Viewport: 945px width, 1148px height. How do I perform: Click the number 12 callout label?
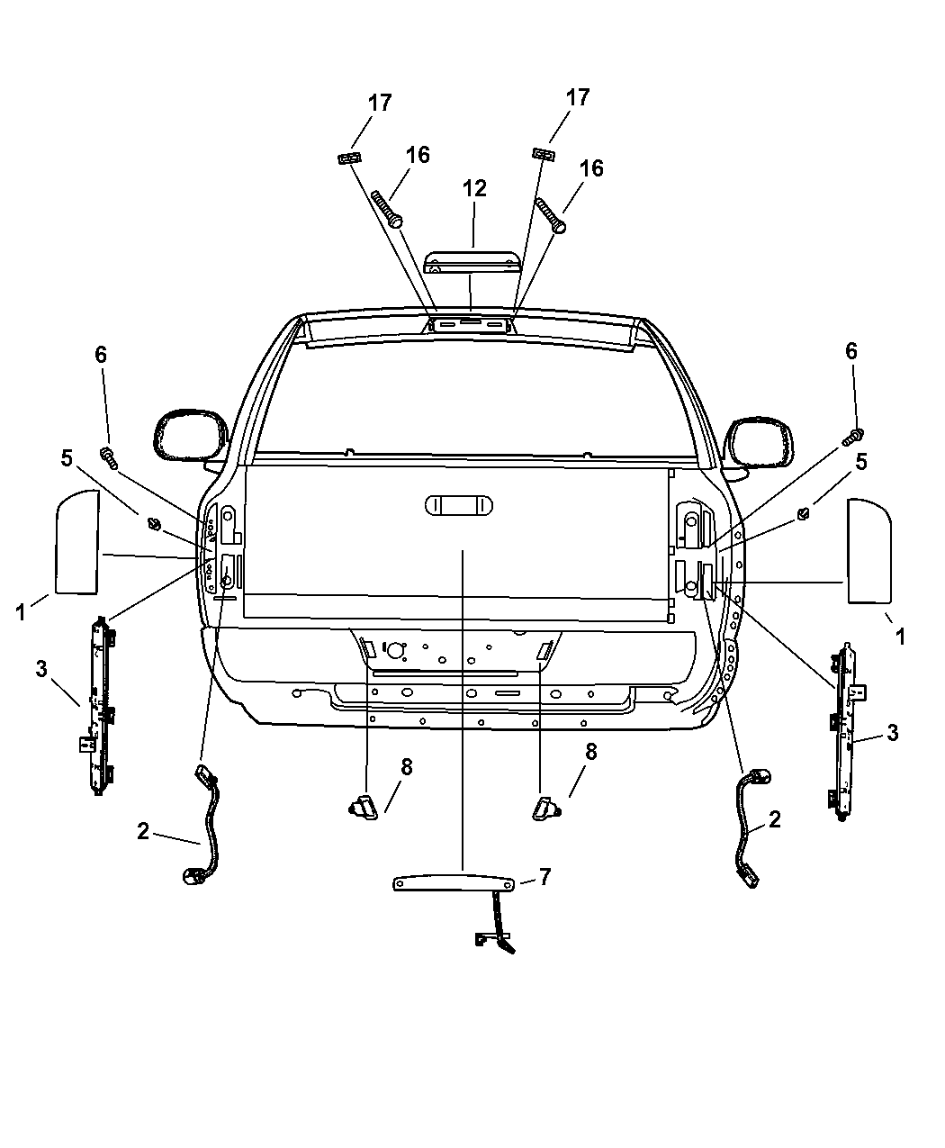(x=474, y=188)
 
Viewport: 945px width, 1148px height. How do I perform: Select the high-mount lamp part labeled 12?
(x=471, y=260)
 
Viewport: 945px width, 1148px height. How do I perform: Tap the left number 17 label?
(x=380, y=103)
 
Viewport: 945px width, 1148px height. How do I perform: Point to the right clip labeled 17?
(x=542, y=154)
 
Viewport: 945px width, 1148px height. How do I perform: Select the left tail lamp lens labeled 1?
(x=77, y=541)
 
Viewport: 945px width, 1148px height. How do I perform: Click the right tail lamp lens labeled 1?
(x=868, y=550)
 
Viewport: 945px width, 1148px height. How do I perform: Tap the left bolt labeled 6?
(x=110, y=456)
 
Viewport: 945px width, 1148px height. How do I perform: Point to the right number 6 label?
(x=850, y=351)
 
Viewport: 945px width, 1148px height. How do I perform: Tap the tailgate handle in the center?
(x=459, y=504)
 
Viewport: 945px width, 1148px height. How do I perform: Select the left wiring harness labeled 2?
(x=209, y=824)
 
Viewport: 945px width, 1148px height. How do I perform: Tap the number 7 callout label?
(x=544, y=876)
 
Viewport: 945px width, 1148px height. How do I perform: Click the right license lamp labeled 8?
(x=546, y=806)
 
